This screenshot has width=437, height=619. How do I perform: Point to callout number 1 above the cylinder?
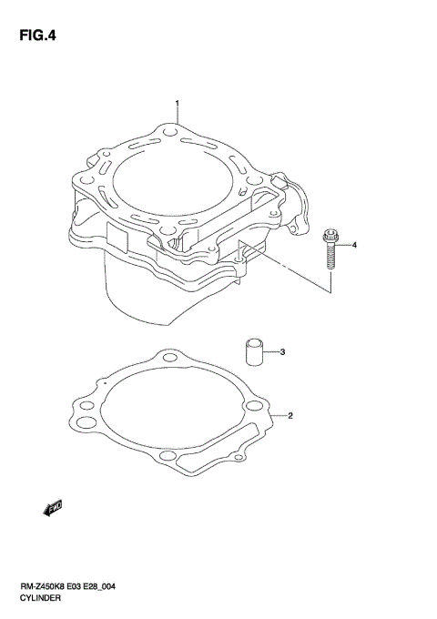pos(178,103)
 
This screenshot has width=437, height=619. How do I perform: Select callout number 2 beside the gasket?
pos(290,417)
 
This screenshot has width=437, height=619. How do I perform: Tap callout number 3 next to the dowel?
pos(283,350)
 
